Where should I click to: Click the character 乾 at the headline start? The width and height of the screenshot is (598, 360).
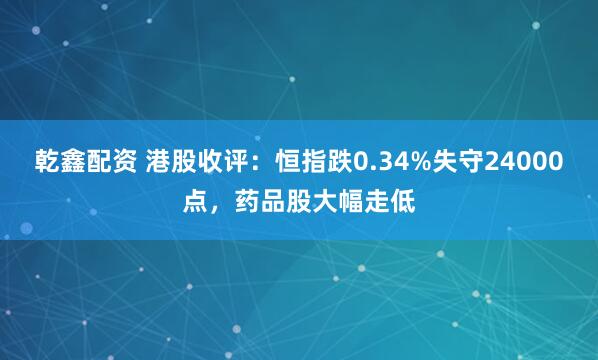(x=49, y=161)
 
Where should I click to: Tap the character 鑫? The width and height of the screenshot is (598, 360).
(x=77, y=161)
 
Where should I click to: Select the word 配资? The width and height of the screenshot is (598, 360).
(x=119, y=161)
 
